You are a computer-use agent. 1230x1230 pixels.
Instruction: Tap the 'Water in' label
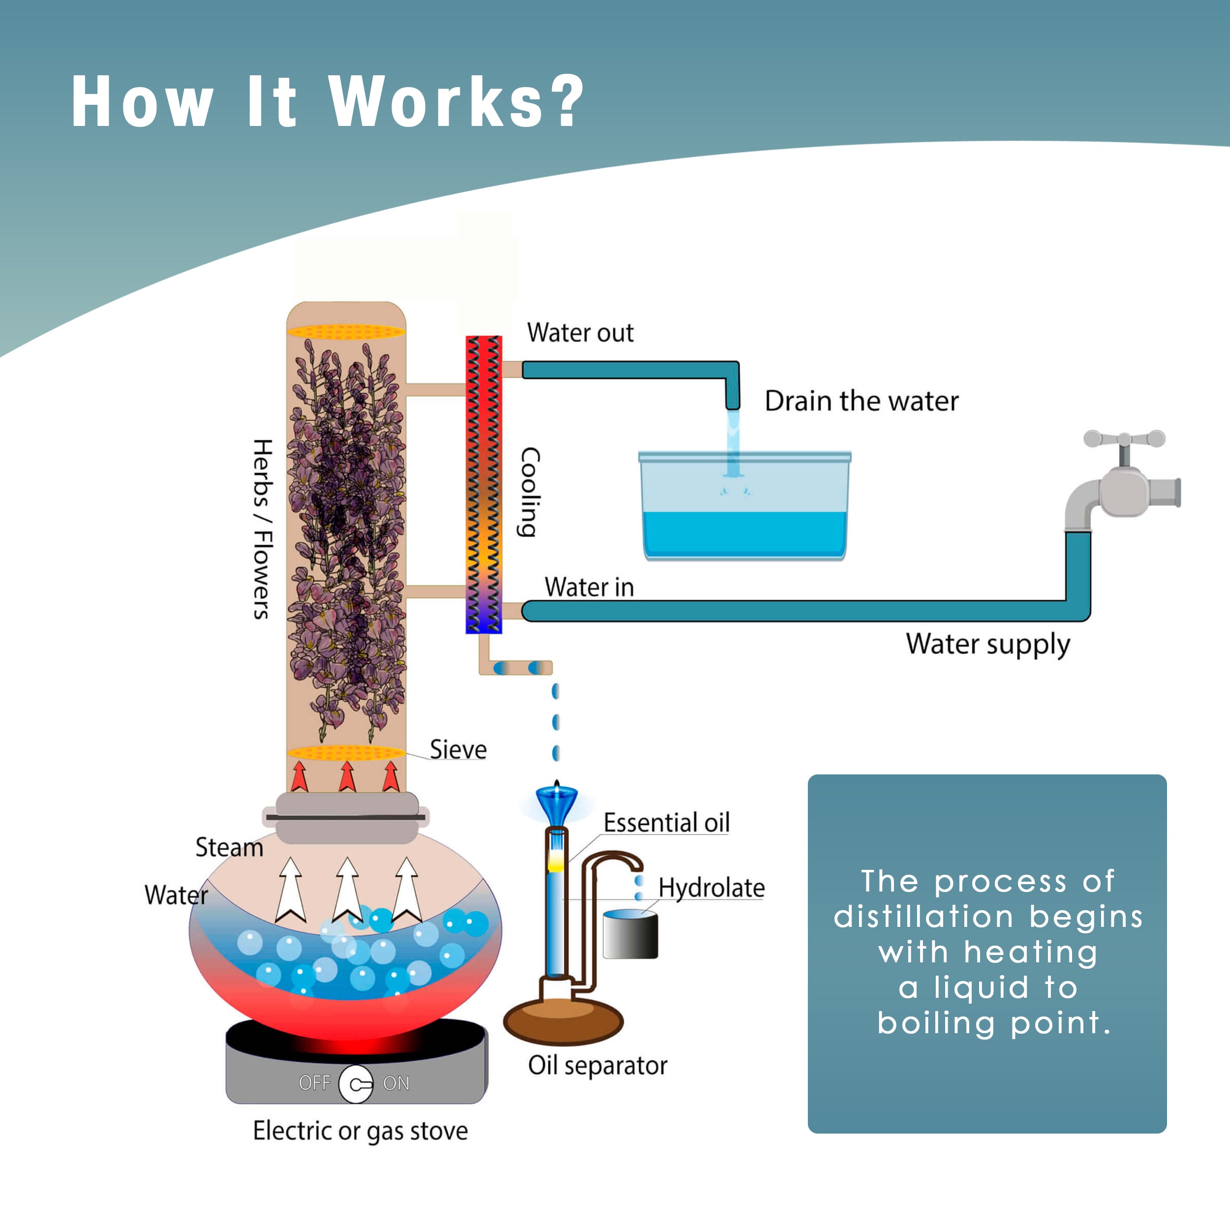(589, 587)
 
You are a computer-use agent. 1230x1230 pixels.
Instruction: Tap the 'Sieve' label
(458, 749)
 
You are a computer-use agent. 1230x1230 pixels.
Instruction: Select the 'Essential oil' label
(666, 823)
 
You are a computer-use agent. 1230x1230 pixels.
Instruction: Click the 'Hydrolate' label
(711, 888)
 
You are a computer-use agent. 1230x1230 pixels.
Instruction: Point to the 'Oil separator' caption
(597, 1065)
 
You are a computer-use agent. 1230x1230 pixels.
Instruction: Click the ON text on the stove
(396, 1083)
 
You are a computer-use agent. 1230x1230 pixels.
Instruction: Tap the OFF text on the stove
(314, 1082)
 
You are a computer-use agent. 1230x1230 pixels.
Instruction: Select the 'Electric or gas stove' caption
(360, 1131)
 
